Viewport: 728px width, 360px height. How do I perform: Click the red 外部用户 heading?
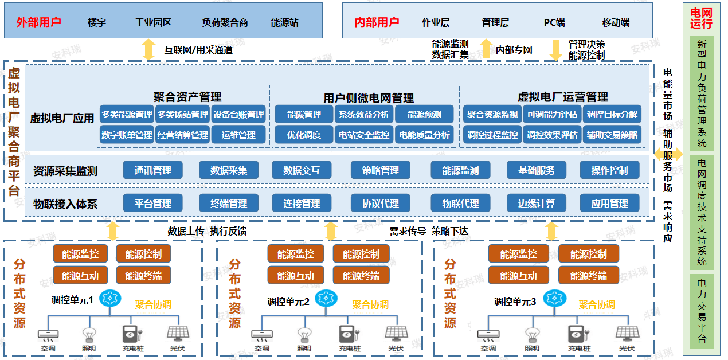(x=38, y=22)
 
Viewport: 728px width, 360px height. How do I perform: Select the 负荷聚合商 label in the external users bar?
(x=225, y=22)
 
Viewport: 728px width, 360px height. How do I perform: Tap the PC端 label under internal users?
(x=554, y=22)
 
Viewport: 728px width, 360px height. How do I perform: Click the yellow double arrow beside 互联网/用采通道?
(x=149, y=49)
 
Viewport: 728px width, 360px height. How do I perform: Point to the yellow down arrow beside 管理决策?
(x=556, y=50)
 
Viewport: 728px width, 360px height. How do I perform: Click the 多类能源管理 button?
(x=127, y=115)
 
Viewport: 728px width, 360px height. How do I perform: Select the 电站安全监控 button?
(x=364, y=135)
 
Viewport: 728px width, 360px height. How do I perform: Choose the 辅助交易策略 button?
(x=612, y=135)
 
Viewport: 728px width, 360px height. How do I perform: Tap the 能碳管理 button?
(x=304, y=115)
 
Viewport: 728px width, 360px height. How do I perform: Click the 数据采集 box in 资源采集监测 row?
(x=229, y=170)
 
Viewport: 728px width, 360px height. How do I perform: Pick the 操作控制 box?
(x=610, y=170)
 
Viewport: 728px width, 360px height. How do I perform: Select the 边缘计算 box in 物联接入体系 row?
(x=537, y=204)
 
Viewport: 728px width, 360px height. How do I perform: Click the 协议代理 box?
(x=381, y=204)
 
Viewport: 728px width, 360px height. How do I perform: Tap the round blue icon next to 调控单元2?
(x=326, y=298)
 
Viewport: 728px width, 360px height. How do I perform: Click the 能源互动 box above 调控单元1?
(x=80, y=276)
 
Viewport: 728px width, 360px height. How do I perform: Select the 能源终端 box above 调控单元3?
(x=589, y=276)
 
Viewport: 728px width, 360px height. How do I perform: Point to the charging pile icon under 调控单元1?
(x=132, y=334)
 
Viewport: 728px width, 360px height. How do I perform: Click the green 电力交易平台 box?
(x=702, y=311)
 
